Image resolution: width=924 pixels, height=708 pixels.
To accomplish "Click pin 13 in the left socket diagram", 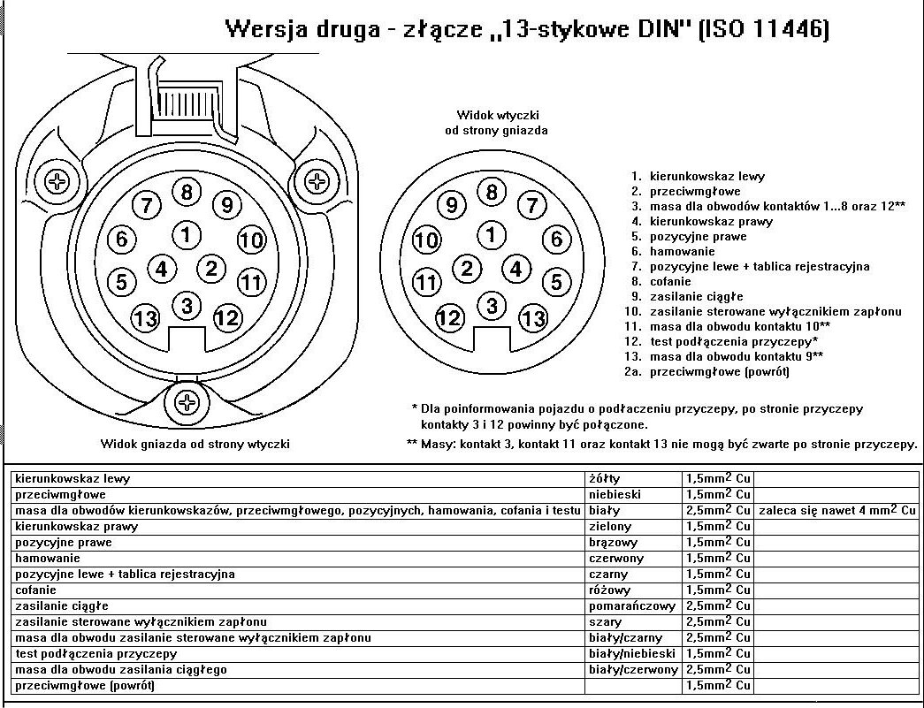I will coord(145,317).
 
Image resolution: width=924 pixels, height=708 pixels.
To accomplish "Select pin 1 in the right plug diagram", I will coord(491,235).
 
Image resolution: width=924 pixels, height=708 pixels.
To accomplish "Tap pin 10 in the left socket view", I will coord(252,240).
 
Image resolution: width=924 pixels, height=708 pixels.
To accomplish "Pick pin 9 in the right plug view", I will coord(452,206).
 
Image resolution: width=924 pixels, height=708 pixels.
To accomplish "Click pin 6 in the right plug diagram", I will coord(555,239).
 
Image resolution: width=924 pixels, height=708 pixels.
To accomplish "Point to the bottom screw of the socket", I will coord(187,403).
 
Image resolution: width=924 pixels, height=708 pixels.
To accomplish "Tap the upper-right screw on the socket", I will coord(317,183).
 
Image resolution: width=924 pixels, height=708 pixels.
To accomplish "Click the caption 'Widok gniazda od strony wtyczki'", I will coord(195,444).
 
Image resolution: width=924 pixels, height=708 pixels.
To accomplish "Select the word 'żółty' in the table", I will coord(605,479).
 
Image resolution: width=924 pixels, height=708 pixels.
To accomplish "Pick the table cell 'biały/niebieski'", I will coord(632,654).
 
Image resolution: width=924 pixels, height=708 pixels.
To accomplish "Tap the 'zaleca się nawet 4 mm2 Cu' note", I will coord(836,511).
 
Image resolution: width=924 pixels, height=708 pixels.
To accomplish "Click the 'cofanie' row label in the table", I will coord(35,590).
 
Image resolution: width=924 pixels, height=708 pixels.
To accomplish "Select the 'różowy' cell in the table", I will coord(610,590).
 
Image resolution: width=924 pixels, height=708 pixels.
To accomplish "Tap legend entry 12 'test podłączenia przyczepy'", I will coord(732,341).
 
